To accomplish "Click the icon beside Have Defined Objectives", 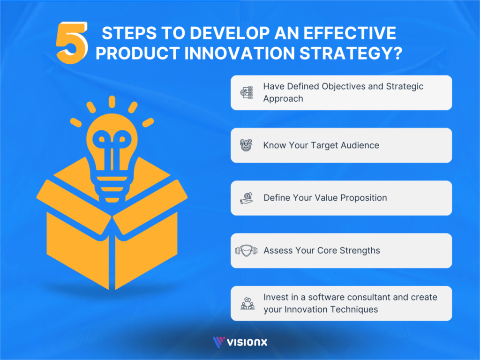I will coord(247,92).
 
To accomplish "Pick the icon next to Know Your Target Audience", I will coord(247,145).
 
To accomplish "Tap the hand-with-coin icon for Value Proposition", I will coord(247,198).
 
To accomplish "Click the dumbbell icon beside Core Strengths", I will coord(247,250).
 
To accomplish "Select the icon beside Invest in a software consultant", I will coord(247,303).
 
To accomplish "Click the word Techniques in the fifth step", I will coord(355,309).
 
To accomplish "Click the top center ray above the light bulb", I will coord(112,101).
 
